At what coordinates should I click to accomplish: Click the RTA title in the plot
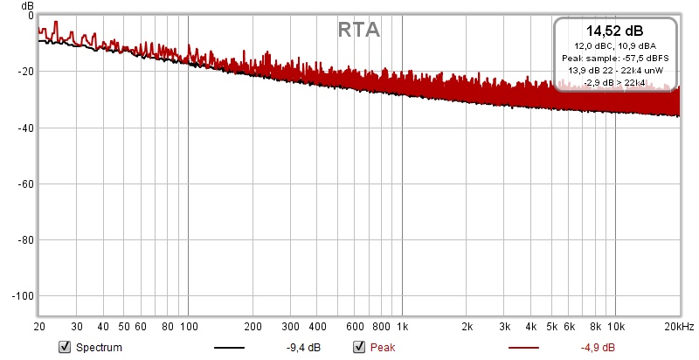coord(358,30)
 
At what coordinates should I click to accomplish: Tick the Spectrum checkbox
coord(64,348)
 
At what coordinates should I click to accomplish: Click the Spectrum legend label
coord(99,348)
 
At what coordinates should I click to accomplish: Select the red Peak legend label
coord(383,348)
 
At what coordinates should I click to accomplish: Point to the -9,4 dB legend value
coord(302,348)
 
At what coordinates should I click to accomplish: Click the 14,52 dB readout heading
coord(615,31)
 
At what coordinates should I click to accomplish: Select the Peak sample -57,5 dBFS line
coord(615,58)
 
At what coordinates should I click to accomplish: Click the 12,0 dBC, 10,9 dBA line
coord(615,45)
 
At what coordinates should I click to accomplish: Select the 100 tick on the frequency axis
coord(189,327)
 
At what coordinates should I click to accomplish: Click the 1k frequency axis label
coord(402,327)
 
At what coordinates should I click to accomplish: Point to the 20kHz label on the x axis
coord(678,327)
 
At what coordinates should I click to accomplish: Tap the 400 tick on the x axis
coord(317,327)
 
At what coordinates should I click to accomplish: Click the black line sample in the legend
coord(229,348)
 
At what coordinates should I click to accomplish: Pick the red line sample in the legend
coord(523,348)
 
